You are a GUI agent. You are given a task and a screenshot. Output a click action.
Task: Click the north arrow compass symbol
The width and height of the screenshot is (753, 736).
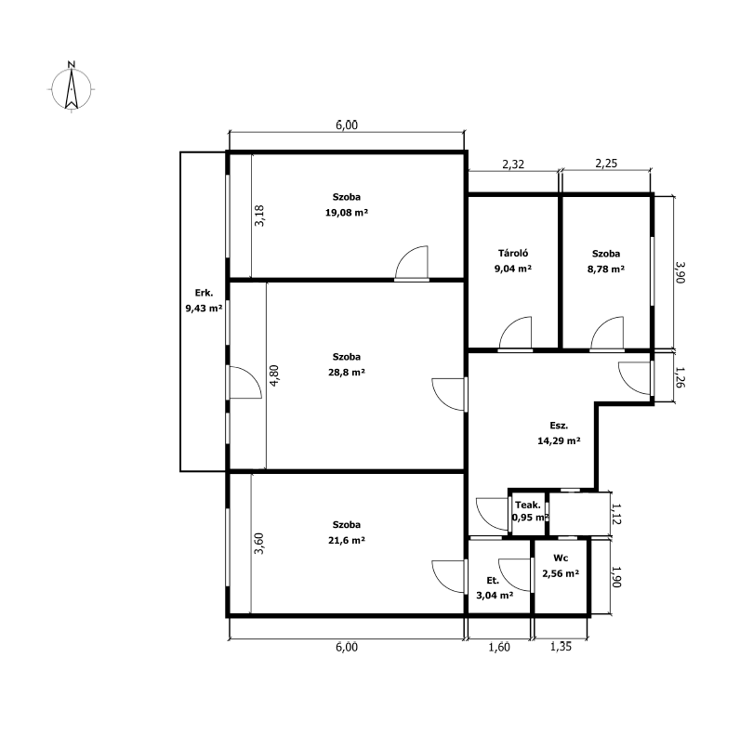click(x=71, y=88)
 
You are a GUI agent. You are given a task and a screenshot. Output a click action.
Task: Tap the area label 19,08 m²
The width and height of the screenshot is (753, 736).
click(x=346, y=212)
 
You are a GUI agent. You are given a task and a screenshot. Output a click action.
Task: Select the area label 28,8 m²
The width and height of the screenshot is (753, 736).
click(x=346, y=372)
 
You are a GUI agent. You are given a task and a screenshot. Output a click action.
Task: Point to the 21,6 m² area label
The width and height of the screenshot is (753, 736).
click(x=346, y=540)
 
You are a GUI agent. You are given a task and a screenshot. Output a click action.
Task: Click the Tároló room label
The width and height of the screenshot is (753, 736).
click(x=513, y=253)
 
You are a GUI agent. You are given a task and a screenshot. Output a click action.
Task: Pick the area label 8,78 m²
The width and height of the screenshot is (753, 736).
click(x=605, y=269)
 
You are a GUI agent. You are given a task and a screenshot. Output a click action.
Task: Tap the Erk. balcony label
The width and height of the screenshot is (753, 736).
click(x=204, y=293)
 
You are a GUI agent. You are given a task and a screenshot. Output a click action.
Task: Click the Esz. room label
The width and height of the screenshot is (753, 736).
click(x=559, y=426)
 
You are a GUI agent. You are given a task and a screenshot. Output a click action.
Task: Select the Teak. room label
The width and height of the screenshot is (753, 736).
click(x=528, y=505)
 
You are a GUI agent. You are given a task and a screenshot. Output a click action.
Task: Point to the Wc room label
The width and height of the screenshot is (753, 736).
click(x=561, y=558)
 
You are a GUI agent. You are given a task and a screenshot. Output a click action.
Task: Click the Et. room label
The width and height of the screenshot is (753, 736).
click(x=493, y=581)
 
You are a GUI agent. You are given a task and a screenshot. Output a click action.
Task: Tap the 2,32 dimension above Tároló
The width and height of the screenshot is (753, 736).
click(x=513, y=164)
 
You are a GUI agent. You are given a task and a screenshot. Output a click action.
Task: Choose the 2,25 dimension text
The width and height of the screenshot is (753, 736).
click(x=606, y=164)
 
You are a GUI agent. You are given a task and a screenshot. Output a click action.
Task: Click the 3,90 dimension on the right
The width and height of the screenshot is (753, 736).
click(x=680, y=272)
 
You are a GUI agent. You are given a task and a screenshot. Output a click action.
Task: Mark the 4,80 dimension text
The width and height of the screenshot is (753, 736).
click(x=273, y=375)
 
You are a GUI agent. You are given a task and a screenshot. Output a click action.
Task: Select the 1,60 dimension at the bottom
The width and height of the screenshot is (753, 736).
click(x=499, y=647)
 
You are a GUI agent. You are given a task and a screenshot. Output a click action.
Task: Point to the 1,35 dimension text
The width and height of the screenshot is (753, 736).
click(x=561, y=647)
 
